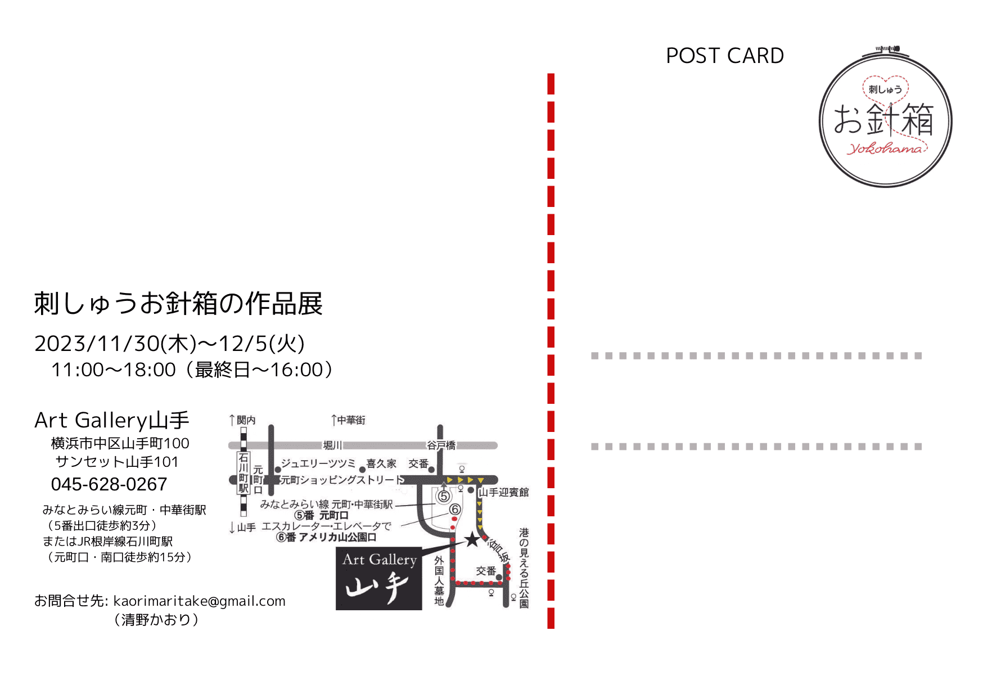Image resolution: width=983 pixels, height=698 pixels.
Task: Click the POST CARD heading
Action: tap(724, 56)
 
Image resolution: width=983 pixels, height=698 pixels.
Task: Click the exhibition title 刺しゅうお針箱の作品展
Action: tap(178, 304)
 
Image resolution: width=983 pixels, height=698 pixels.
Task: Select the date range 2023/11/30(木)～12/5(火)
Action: tap(169, 344)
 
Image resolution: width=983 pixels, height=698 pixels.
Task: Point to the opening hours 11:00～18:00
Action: tap(114, 370)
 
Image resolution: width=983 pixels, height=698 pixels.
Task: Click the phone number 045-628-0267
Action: tap(109, 484)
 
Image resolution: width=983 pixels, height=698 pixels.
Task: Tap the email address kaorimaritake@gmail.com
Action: tap(199, 601)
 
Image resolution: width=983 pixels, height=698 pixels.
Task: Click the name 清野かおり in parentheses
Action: tap(156, 620)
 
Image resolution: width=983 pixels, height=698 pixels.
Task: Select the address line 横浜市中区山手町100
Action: tap(120, 443)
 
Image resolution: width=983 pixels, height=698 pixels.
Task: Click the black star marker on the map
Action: tap(472, 540)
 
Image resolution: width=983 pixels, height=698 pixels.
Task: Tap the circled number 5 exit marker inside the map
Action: tap(444, 497)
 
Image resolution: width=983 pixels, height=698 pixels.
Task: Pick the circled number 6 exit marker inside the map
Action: tap(455, 510)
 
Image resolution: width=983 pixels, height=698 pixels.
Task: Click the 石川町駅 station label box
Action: tap(244, 473)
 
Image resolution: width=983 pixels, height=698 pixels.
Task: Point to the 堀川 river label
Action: tap(332, 445)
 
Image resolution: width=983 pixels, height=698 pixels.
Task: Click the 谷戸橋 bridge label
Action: tap(441, 445)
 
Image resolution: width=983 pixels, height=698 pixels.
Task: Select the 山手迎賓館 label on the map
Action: tap(504, 492)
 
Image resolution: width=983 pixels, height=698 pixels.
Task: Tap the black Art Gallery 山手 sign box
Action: tap(379, 578)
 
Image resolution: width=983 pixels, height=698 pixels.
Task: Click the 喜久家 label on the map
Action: tap(381, 463)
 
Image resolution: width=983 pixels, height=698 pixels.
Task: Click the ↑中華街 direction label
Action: tap(348, 420)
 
